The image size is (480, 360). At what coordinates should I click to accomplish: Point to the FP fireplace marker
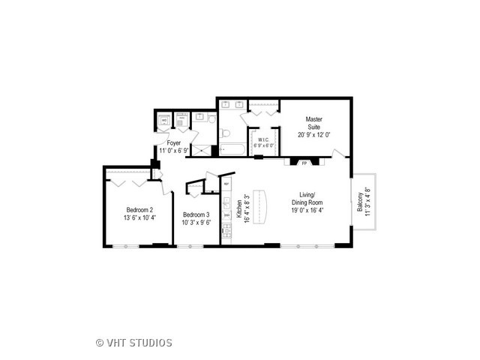pyautogui.click(x=304, y=162)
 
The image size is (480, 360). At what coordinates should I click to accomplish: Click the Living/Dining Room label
pyautogui.click(x=307, y=199)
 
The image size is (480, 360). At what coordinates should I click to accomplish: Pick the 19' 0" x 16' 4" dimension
pyautogui.click(x=307, y=211)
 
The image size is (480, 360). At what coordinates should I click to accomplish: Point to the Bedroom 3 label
pyautogui.click(x=196, y=215)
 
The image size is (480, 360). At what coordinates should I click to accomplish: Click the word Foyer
pyautogui.click(x=173, y=142)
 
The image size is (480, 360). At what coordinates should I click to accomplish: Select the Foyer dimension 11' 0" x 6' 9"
pyautogui.click(x=173, y=150)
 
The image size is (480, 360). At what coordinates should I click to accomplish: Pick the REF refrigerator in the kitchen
pyautogui.click(x=226, y=183)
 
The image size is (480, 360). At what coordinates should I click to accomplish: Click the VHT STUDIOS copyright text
pyautogui.click(x=134, y=343)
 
